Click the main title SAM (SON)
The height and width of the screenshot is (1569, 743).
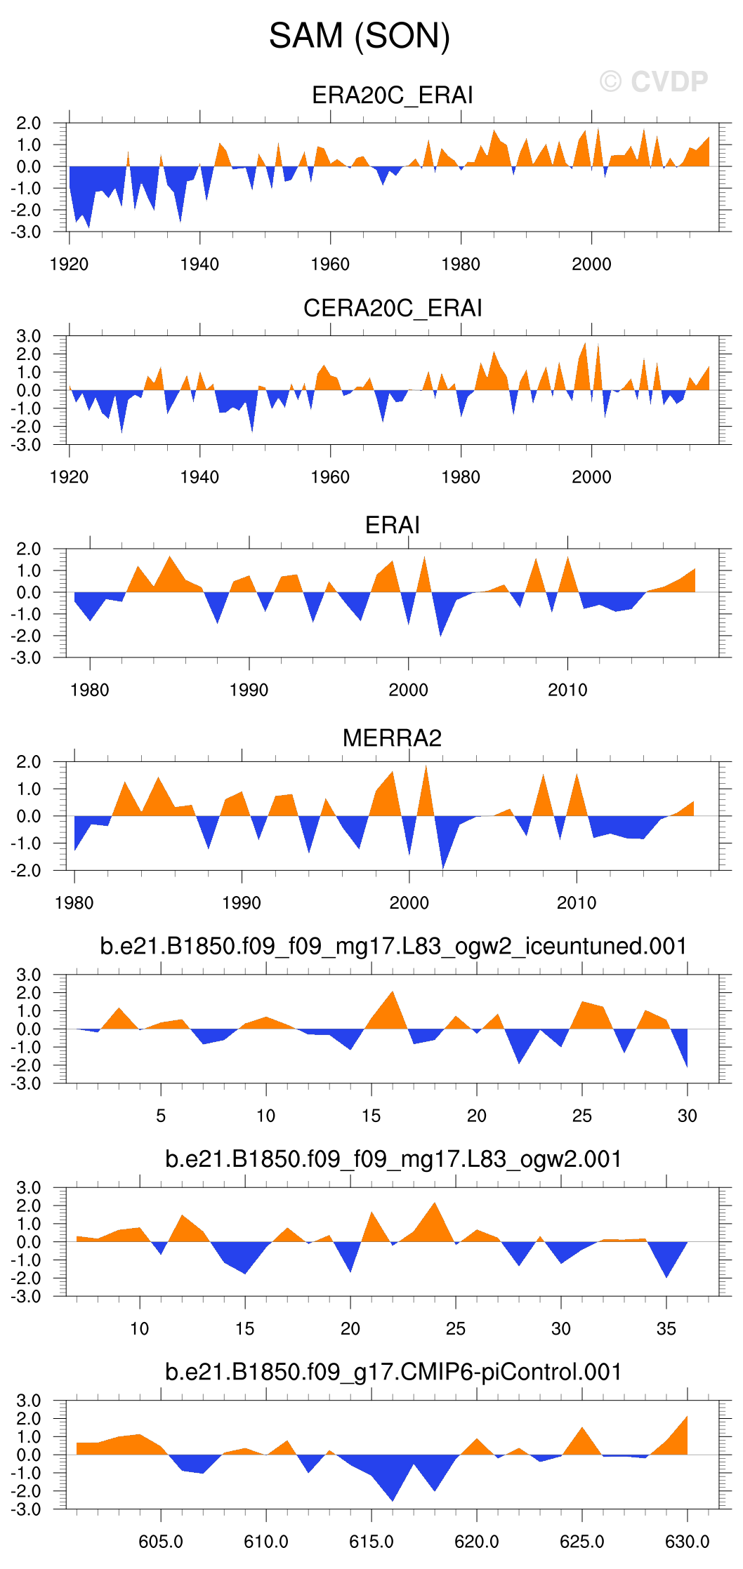tap(359, 36)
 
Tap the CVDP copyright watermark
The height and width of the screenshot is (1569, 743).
tap(654, 82)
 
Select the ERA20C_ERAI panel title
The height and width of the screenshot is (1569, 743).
tap(392, 95)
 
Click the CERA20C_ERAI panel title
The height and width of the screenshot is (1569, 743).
tap(392, 308)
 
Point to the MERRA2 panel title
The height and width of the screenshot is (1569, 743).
tap(392, 738)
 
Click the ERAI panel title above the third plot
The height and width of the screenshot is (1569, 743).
tap(392, 525)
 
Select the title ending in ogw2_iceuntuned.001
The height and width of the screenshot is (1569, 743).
tap(393, 946)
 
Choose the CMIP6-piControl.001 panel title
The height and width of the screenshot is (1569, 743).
tap(393, 1372)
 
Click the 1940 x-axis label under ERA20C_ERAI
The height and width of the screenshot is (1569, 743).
tap(199, 265)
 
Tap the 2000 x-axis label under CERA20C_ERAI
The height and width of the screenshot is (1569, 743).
tap(591, 477)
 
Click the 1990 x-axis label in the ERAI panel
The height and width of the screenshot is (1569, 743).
tap(249, 690)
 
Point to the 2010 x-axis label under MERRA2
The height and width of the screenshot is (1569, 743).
tap(577, 903)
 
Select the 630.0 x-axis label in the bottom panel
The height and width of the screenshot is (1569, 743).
tap(687, 1542)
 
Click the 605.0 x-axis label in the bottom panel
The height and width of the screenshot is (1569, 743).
tap(161, 1542)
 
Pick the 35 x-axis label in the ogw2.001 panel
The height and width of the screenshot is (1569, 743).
tap(666, 1328)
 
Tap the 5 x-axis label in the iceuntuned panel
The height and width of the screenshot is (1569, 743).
tap(161, 1116)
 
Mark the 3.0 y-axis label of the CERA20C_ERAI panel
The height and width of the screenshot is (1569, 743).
tap(29, 336)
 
